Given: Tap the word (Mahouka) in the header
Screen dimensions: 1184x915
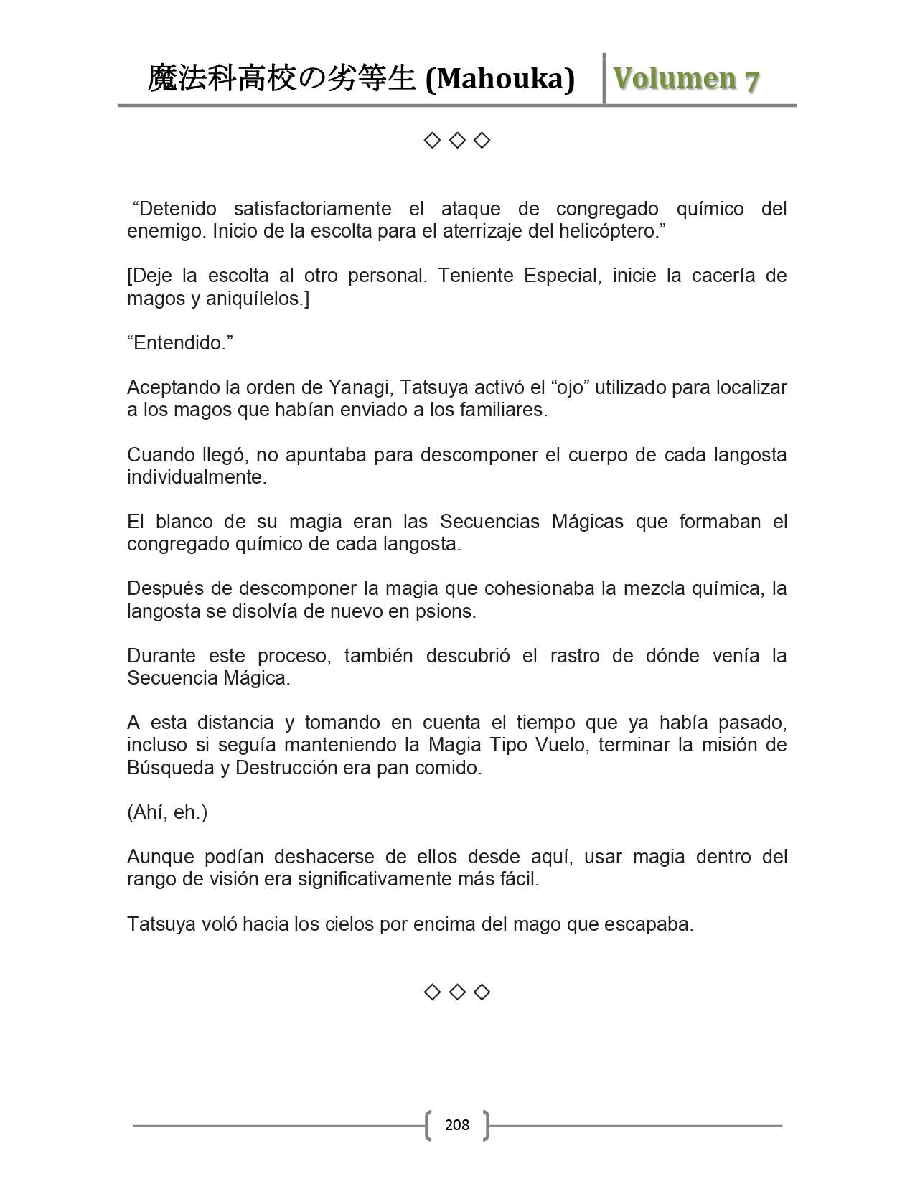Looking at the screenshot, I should [x=500, y=79].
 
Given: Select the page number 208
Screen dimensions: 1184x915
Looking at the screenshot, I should [x=457, y=1124].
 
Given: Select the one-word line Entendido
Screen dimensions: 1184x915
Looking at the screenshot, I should [x=180, y=343].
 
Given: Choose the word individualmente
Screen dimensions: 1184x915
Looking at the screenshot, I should [x=197, y=477].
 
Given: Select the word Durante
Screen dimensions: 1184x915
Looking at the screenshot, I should [x=161, y=656].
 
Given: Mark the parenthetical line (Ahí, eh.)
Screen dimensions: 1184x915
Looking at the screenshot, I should [x=167, y=812].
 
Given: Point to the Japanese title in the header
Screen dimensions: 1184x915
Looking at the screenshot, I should [x=281, y=79].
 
